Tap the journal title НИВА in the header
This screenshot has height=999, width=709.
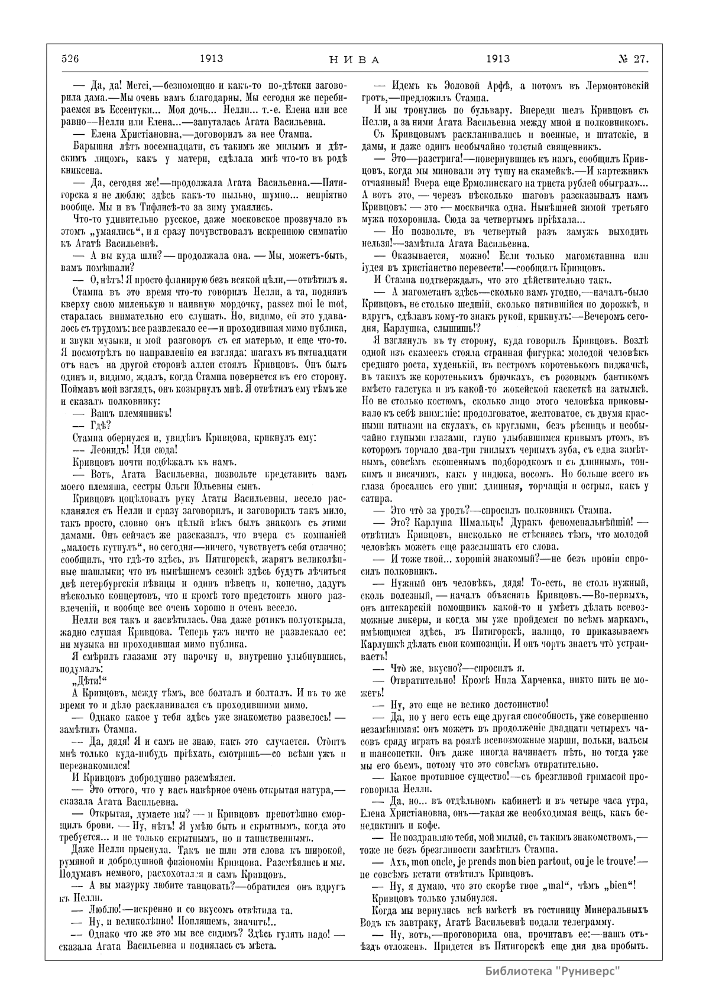[x=354, y=59]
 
